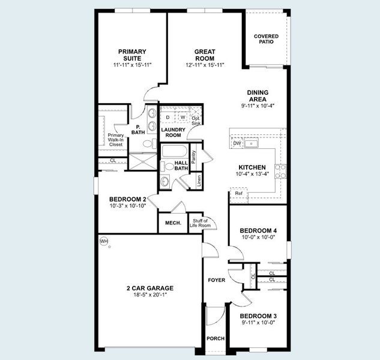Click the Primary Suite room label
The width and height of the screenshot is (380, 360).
(132, 55)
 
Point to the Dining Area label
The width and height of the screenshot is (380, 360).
(258, 96)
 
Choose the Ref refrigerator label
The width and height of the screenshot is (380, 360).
(238, 194)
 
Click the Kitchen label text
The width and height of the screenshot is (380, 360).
(252, 169)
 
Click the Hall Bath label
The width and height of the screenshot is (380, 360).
(181, 166)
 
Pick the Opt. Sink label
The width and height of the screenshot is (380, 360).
(196, 121)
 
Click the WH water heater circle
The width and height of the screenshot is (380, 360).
(103, 241)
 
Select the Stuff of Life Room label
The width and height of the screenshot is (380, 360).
(200, 224)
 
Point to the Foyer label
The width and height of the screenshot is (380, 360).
(216, 280)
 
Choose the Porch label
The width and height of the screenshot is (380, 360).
(216, 339)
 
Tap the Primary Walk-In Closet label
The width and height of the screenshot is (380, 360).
(116, 139)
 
